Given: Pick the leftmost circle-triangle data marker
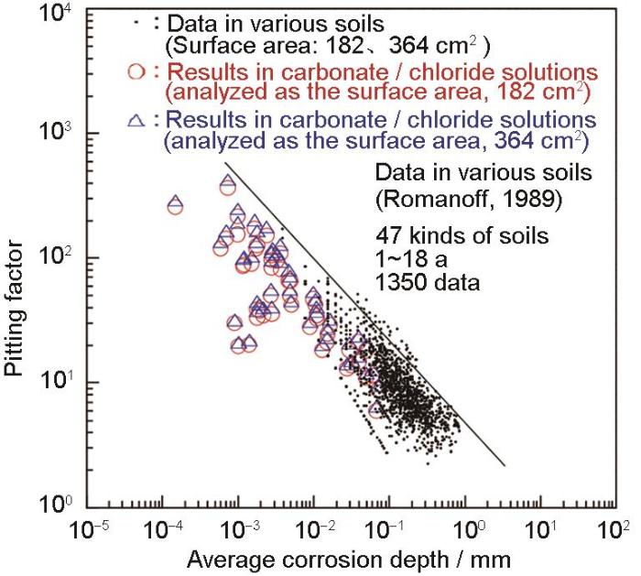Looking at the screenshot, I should click(x=175, y=206).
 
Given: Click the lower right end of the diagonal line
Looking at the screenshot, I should click(x=504, y=464).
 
